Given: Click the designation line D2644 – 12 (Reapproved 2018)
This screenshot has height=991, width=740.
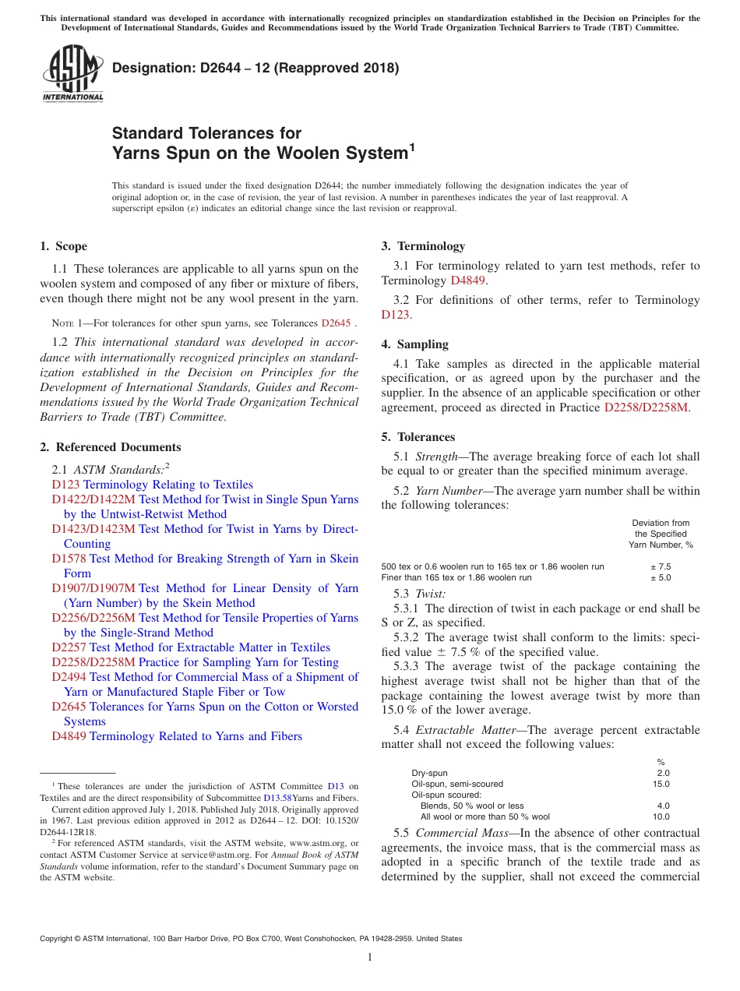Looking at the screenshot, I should point(255,68).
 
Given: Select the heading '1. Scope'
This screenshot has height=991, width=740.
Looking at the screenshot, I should point(63,246).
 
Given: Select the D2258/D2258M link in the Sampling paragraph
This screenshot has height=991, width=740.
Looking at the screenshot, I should point(646,407).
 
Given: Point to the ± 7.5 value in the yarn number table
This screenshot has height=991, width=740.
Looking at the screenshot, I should point(661,566).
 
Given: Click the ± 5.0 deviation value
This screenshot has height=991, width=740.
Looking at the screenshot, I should point(661,577).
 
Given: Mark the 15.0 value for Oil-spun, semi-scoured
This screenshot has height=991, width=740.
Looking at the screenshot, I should point(661,784).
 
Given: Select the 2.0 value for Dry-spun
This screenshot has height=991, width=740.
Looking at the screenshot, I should point(663,773).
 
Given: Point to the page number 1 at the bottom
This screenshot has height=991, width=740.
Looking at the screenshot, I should point(370,957).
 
